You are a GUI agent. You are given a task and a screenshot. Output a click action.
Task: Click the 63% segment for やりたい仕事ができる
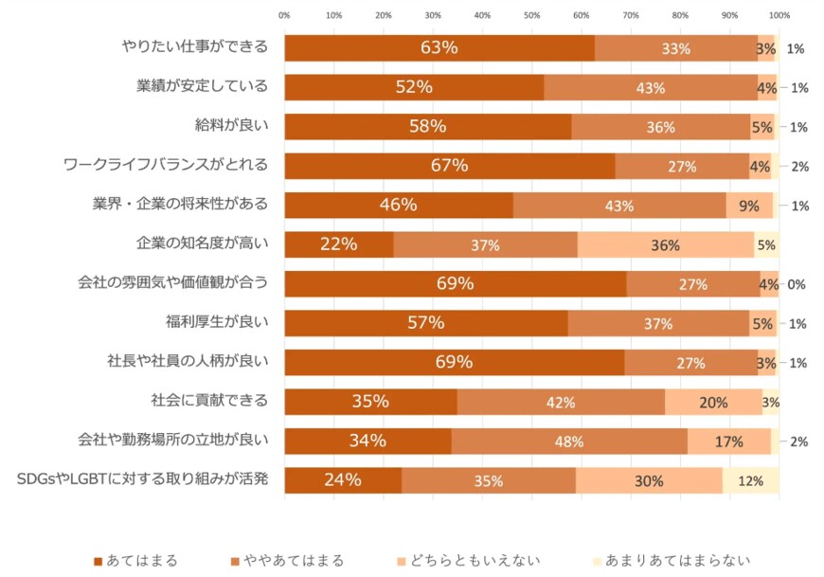[439, 47]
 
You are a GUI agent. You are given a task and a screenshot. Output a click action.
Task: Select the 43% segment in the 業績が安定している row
[650, 87]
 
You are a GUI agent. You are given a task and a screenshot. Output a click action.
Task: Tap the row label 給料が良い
[231, 126]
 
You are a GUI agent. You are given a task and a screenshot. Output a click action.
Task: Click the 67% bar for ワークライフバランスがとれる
[449, 166]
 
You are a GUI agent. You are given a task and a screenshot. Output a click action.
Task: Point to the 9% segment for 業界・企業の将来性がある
[749, 206]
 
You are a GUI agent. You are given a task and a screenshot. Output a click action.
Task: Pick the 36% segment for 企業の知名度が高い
[665, 244]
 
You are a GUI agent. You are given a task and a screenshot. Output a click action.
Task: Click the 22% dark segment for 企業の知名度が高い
[338, 244]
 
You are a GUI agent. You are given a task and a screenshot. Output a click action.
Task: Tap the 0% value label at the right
[797, 284]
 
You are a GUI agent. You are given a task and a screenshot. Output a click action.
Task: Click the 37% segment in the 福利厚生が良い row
[658, 323]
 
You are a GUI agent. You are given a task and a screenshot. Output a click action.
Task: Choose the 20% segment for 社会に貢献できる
[713, 402]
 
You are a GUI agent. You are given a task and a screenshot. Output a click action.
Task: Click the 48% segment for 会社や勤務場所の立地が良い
[568, 442]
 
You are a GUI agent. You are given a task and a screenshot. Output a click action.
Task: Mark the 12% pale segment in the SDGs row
[750, 480]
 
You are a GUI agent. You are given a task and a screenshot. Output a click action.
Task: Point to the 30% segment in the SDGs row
[649, 480]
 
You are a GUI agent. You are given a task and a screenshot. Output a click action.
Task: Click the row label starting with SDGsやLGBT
[143, 480]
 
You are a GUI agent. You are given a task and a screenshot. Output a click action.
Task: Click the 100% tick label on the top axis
[779, 15]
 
